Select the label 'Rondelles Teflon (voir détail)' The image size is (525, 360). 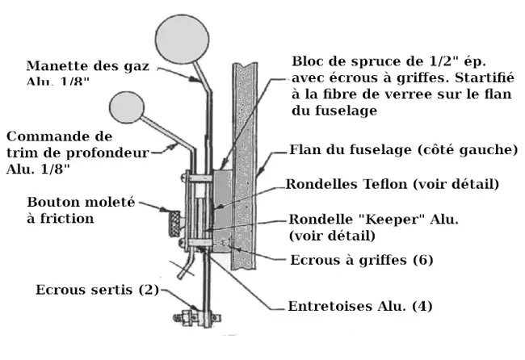click(393, 184)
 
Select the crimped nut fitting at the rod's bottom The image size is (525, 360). click(195, 316)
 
